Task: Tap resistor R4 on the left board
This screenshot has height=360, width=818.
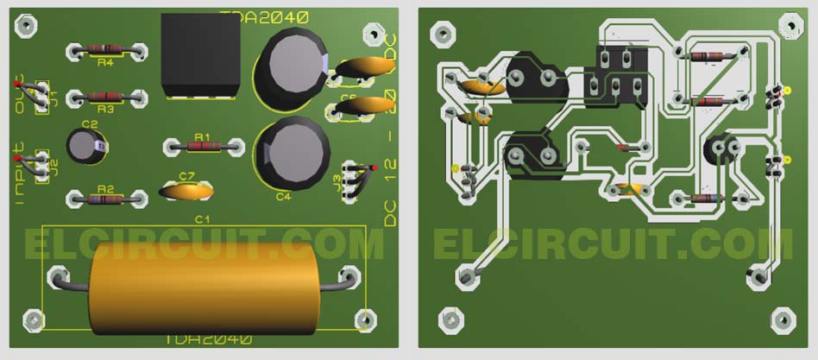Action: click(x=104, y=52)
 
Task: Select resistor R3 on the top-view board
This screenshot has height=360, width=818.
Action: click(x=104, y=98)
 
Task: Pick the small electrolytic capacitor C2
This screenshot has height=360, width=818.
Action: click(x=86, y=147)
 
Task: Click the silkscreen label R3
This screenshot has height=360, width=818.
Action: click(x=104, y=110)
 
